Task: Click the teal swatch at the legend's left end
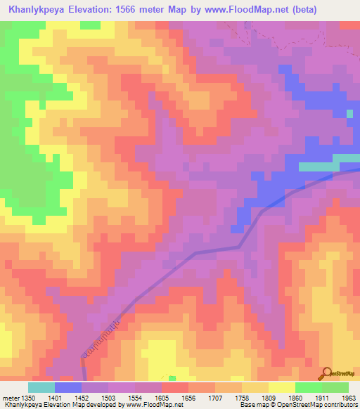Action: tap(41, 387)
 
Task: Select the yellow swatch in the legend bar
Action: tap(281, 387)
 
